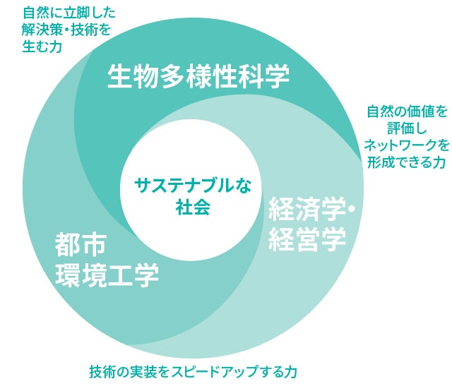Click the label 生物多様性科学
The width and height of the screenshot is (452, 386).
(198, 76)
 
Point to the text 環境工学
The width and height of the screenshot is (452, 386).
(107, 274)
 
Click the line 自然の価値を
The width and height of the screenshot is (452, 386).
(406, 111)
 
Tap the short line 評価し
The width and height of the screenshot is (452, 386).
(406, 128)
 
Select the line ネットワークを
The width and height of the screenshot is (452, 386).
(406, 145)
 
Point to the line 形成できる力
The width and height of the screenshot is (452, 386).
(406, 163)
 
